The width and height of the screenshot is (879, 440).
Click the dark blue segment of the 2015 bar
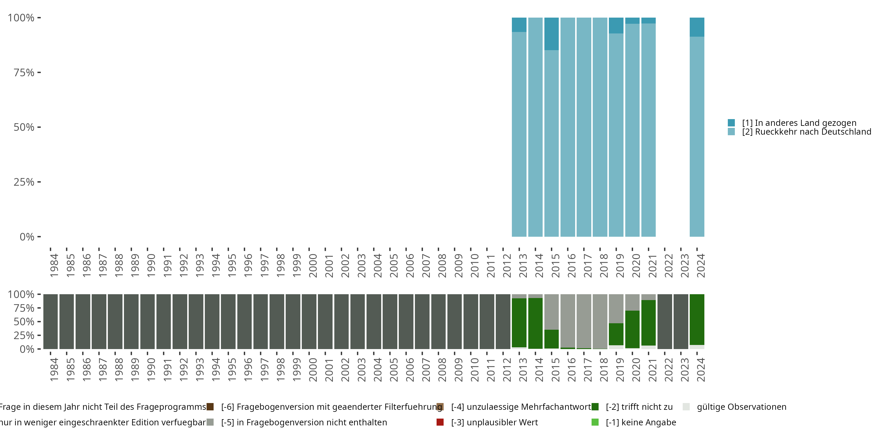[551, 34]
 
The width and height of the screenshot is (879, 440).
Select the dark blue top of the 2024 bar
[697, 27]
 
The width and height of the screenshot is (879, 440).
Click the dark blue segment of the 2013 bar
[519, 25]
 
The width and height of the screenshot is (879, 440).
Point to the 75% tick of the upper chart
[39, 72]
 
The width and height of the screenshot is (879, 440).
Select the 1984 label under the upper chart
[54, 265]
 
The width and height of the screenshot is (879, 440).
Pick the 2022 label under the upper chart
[668, 265]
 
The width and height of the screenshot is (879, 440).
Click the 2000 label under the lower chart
[313, 370]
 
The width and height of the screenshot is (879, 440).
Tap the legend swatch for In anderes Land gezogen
[731, 123]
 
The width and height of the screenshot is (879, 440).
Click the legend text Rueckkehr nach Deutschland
[806, 132]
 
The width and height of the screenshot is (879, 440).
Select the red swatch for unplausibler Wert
[440, 422]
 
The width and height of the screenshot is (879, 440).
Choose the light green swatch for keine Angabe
[595, 422]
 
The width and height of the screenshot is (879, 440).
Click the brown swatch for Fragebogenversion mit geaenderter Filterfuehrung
[210, 407]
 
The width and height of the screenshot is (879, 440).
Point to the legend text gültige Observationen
[742, 407]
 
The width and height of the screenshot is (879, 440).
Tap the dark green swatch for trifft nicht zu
[595, 407]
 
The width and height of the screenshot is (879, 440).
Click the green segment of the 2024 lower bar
[697, 319]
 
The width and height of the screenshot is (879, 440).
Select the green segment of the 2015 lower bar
[551, 339]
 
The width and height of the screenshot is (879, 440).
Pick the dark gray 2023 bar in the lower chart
[681, 321]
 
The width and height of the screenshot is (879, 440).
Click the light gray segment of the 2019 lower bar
[616, 309]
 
